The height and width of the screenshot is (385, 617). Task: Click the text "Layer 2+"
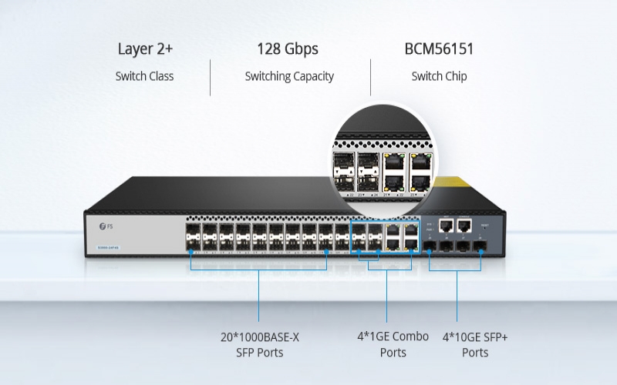[x=145, y=50]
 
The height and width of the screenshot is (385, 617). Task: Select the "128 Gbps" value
[x=288, y=50]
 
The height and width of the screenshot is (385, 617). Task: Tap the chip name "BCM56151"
[x=439, y=50]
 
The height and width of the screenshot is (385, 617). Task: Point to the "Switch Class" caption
[x=145, y=76]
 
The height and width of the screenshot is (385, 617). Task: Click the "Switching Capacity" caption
[x=289, y=76]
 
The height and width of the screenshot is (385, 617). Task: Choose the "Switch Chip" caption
[x=439, y=76]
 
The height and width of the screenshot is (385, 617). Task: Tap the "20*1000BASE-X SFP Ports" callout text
[x=258, y=345]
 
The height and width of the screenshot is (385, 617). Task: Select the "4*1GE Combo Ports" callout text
[x=393, y=345]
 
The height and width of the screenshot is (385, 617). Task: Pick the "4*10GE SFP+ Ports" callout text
[x=475, y=345]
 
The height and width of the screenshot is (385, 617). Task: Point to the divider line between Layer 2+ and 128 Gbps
[x=211, y=77]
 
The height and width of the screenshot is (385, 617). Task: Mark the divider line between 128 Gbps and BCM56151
[x=371, y=77]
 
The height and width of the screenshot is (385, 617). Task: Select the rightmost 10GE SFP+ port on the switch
[x=480, y=247]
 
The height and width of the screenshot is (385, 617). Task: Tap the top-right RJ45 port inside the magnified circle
[x=420, y=162]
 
